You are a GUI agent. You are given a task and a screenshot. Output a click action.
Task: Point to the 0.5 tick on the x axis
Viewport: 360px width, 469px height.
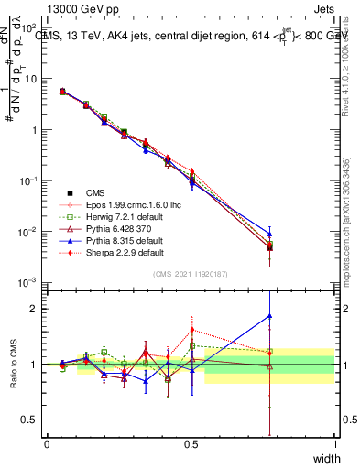191,444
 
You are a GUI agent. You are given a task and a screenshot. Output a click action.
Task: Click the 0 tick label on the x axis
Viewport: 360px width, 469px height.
47,444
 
